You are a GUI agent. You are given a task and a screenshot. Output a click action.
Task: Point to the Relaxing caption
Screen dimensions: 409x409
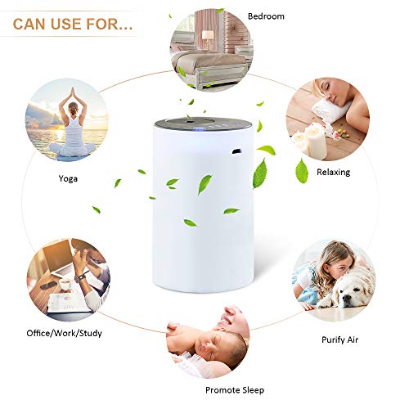pos(334,172)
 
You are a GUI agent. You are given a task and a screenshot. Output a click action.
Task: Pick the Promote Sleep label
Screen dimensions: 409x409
pos(235,389)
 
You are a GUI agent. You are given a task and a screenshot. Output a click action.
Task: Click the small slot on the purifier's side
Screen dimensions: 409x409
pos(236,151)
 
